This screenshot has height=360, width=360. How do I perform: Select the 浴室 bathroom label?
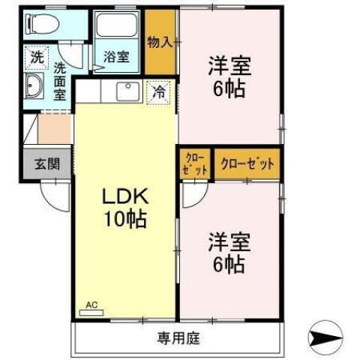click(116, 55)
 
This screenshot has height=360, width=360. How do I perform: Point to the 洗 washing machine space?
click(35, 56)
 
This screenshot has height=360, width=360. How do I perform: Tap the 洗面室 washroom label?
click(59, 80)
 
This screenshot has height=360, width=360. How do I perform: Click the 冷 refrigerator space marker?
click(158, 93)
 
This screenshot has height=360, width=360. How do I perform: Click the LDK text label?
click(127, 199)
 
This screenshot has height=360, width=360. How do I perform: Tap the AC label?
click(91, 304)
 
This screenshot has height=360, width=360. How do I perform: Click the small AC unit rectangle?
click(91, 312)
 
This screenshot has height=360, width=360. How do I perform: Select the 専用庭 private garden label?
click(178, 337)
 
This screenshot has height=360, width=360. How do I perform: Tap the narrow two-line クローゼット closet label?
click(194, 165)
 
